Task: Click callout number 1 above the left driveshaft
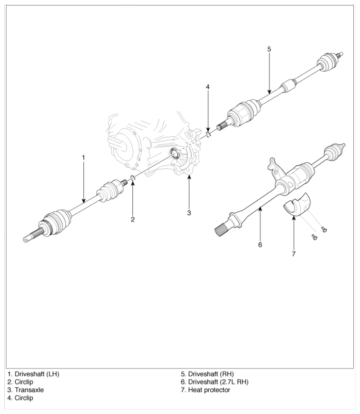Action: pyautogui.click(x=83, y=158)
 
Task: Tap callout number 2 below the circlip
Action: pyautogui.click(x=133, y=219)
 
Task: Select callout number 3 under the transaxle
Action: pyautogui.click(x=189, y=213)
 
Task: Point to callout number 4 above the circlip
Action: pyautogui.click(x=208, y=87)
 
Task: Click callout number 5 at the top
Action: pyautogui.click(x=269, y=49)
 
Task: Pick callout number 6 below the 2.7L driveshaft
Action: pyautogui.click(x=260, y=245)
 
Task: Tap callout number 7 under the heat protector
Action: pyautogui.click(x=294, y=254)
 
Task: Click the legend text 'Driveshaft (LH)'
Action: pyautogui.click(x=37, y=374)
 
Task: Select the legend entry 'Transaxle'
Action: pyautogui.click(x=29, y=390)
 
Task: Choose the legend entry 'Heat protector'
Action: pyautogui.click(x=209, y=390)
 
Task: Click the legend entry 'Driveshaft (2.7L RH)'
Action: pyautogui.click(x=218, y=382)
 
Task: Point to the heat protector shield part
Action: pyautogui.click(x=297, y=205)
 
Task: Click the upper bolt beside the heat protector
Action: pyautogui.click(x=324, y=229)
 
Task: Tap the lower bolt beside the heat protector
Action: pyautogui.click(x=314, y=237)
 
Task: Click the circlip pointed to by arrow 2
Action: pyautogui.click(x=133, y=177)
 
